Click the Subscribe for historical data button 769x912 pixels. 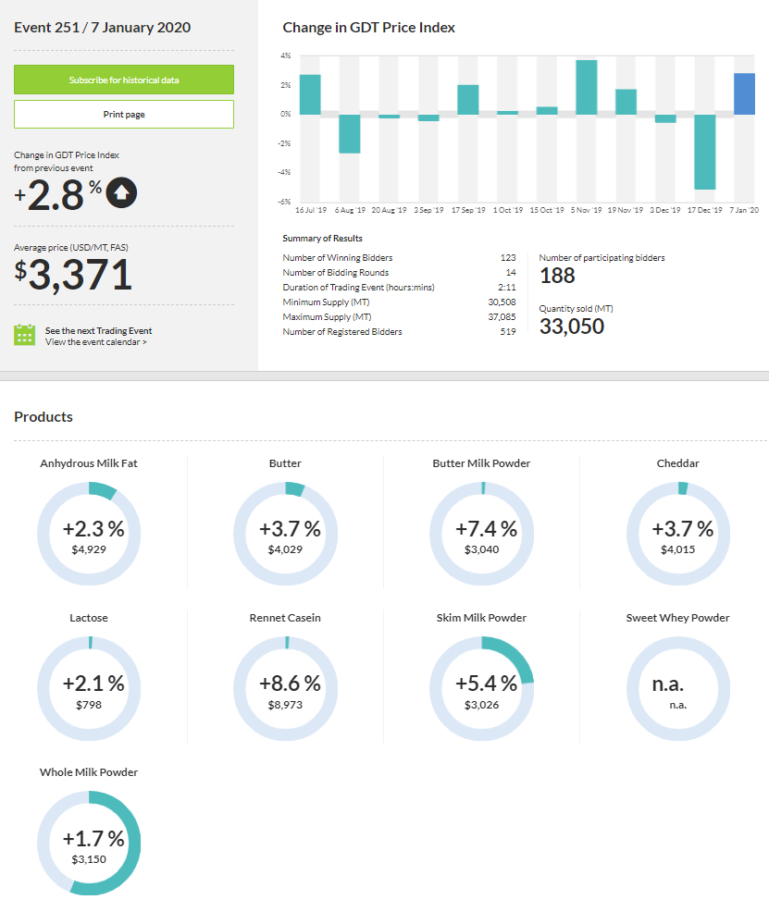pos(123,80)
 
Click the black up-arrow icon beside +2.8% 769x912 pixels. pos(122,192)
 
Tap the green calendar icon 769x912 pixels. pos(25,335)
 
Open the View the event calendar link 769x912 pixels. pos(96,342)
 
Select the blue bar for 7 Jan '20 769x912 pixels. pos(744,93)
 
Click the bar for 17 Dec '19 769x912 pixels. pos(705,152)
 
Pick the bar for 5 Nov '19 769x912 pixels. pos(586,87)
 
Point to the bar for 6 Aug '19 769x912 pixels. pos(349,133)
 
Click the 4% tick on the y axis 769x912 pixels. pos(286,56)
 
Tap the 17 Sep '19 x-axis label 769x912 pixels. pos(468,211)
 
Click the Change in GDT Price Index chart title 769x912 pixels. pos(368,28)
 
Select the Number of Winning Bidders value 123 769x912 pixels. pos(507,258)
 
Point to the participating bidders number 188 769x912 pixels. pos(557,276)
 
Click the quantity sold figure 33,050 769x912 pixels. pos(572,327)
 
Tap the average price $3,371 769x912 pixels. pos(73,275)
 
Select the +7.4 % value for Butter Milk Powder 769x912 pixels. pos(481,529)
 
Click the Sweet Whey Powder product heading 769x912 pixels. pos(677,618)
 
